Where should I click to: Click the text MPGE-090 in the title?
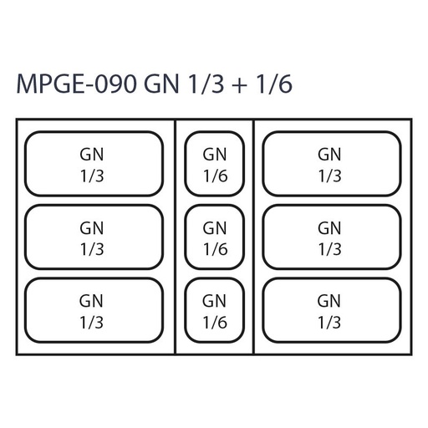tap(76, 84)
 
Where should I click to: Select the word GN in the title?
tap(161, 84)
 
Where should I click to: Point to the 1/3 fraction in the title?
tap(206, 84)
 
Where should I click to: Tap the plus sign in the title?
tap(239, 85)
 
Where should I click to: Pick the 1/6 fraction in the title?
tap(274, 84)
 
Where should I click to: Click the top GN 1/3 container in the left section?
tap(94, 164)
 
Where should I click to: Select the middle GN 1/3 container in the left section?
tap(94, 237)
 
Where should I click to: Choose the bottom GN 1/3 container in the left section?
tap(94, 310)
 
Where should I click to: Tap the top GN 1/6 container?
tap(215, 164)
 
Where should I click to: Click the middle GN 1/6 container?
tap(215, 237)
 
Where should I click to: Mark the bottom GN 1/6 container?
tap(215, 310)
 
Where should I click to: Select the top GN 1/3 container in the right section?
tap(332, 164)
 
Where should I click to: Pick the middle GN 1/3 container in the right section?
tap(332, 237)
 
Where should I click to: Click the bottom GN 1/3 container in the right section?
tap(332, 310)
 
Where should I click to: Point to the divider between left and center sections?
tap(176, 237)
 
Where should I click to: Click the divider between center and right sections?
tap(253, 237)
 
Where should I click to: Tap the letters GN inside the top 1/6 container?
tap(215, 155)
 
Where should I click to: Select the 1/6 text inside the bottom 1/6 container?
tap(215, 323)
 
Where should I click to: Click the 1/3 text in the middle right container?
tap(330, 249)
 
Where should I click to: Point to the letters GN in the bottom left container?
tap(91, 301)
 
